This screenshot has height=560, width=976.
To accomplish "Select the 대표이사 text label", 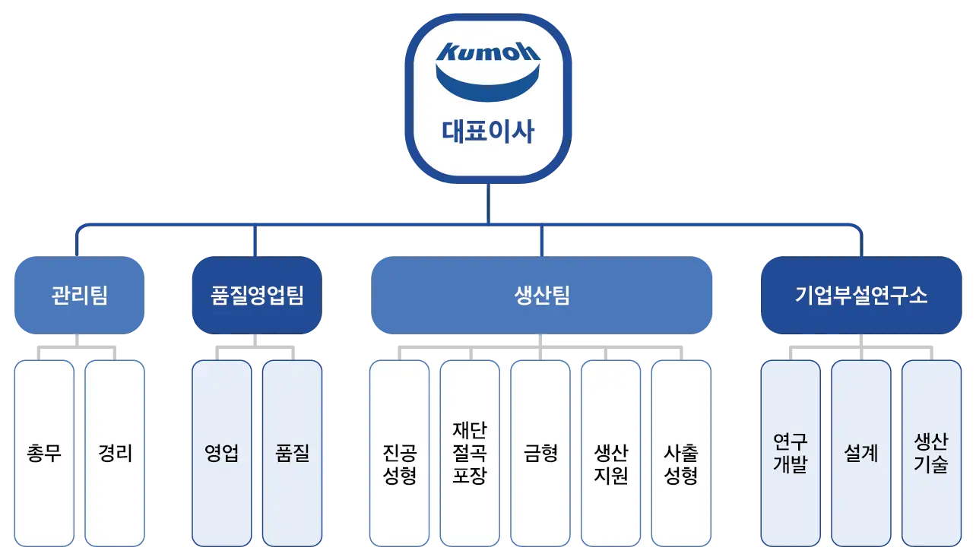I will (488, 131).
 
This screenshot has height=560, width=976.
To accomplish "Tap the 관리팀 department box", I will (79, 295).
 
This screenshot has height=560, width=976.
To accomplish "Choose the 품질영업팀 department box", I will (257, 295).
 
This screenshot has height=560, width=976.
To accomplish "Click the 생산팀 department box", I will (541, 295).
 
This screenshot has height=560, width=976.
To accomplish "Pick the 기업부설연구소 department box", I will (860, 295).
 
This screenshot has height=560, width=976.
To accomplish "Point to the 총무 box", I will (44, 454).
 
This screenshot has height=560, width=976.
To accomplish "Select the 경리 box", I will (115, 454).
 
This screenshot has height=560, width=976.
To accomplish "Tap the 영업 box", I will (221, 454).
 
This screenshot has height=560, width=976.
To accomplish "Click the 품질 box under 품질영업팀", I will (292, 454).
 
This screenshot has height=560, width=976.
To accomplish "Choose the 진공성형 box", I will (399, 454).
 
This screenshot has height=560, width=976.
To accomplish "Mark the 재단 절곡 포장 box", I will (470, 454).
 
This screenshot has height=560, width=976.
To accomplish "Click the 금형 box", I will (540, 454).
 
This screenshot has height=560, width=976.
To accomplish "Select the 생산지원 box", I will (610, 454).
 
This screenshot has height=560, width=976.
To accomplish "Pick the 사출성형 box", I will (681, 454).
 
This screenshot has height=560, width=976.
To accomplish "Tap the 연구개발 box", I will (791, 454).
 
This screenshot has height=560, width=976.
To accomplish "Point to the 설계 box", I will (860, 454).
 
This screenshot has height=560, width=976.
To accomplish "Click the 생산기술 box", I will (931, 454).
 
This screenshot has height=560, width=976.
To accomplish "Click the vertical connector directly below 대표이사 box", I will (488, 204).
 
